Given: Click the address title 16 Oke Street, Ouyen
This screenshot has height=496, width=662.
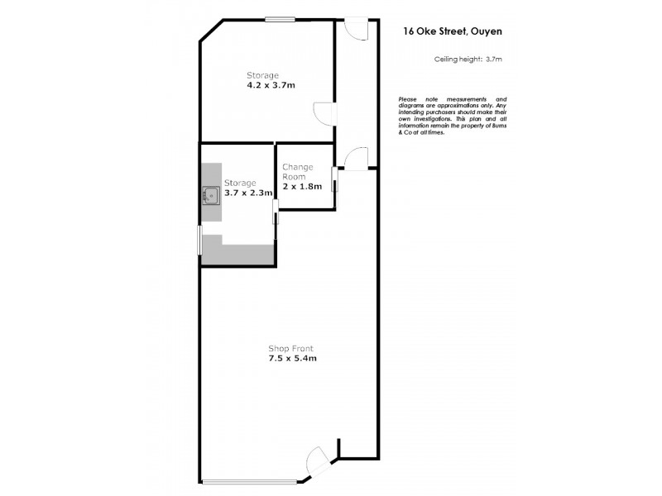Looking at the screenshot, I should tap(453, 31).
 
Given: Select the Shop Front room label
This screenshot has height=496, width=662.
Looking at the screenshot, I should tap(290, 348).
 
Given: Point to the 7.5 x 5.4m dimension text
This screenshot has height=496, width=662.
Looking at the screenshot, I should tap(293, 359).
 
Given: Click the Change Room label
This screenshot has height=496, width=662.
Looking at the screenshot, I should tap(298, 171).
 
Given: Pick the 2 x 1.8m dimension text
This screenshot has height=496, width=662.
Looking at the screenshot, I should tap(302, 186).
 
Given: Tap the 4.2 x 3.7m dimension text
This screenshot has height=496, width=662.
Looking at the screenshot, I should tap(271, 85).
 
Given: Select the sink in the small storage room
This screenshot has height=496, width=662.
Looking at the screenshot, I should tap(211, 196).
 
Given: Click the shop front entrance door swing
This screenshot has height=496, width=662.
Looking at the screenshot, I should tap(320, 460).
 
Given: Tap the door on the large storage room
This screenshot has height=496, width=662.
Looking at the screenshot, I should tap(323, 112).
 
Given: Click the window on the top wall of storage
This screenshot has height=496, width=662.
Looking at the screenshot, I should tap(280, 20).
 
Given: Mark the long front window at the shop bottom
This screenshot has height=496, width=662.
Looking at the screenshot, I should tap(248, 482).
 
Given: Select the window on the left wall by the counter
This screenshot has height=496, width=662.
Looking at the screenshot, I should tap(199, 241).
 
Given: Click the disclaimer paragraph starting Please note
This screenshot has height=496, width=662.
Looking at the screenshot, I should tap(452, 116).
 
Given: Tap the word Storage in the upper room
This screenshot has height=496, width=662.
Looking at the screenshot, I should tap(261, 75).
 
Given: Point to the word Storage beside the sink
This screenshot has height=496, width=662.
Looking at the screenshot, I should tap(240, 183).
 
